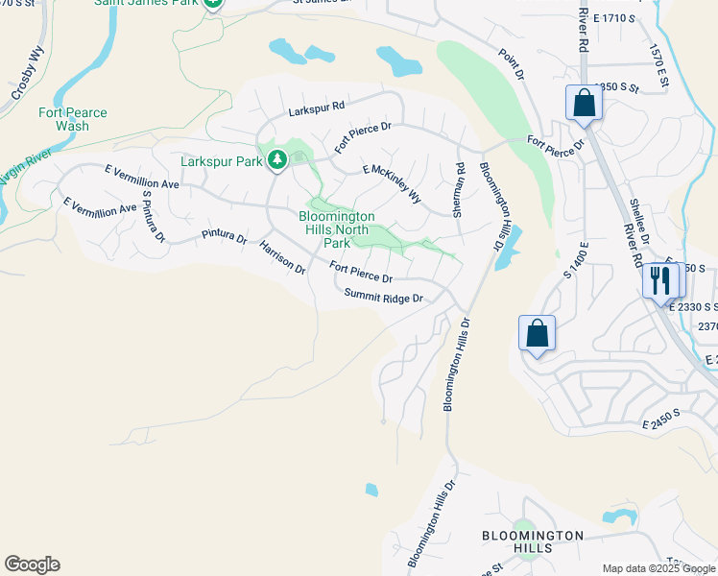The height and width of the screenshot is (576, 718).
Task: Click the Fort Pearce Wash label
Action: [72, 119]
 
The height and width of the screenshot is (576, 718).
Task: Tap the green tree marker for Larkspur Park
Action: [277, 159]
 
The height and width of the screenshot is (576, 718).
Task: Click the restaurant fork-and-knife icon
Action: [659, 280]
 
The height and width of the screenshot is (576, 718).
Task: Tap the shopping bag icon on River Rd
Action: [583, 103]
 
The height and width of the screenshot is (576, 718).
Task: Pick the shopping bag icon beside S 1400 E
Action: [538, 334]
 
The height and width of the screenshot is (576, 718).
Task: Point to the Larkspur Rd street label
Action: [317, 110]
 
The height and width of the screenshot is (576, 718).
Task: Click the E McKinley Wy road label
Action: [392, 183]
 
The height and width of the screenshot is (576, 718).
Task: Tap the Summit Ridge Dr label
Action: [384, 298]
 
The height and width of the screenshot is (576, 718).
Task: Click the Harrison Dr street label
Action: [281, 258]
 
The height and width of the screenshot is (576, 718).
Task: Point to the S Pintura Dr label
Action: [154, 215]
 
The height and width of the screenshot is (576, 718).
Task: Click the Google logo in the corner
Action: [32, 564]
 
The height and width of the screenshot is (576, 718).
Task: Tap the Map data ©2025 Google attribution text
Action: [658, 568]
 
